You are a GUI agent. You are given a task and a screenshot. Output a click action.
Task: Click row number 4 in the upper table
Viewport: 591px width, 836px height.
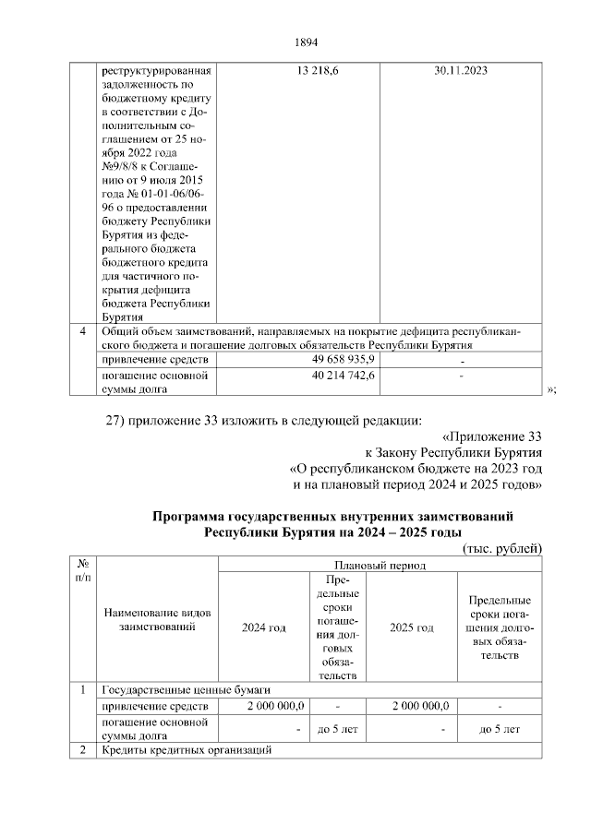click(x=83, y=331)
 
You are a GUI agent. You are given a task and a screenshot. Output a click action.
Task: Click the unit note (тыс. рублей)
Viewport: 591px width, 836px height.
click(x=501, y=548)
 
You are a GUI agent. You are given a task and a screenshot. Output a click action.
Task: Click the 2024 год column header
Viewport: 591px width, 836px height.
click(x=263, y=627)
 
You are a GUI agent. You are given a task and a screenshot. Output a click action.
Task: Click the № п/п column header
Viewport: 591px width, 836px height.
click(x=83, y=569)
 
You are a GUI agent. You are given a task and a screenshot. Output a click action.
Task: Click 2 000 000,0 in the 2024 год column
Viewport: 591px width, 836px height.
click(x=276, y=706)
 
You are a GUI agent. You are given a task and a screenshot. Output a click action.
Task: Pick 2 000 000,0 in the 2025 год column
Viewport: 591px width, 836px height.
click(x=420, y=706)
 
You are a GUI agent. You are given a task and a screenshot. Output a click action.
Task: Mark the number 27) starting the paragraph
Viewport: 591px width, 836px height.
click(x=115, y=422)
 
